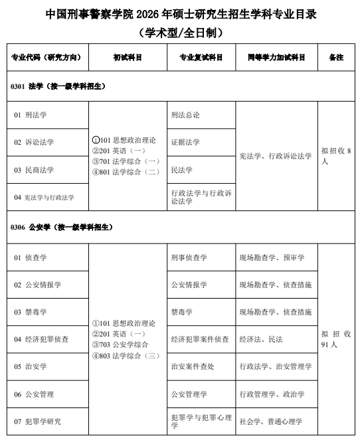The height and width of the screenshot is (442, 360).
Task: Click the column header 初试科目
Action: tap(127, 58)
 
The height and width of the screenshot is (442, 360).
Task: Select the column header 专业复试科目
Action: tap(201, 58)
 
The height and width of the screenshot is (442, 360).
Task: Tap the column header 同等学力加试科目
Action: tap(276, 58)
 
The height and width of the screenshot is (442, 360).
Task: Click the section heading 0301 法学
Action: tap(58, 87)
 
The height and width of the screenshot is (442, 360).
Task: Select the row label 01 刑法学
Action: tap(31, 115)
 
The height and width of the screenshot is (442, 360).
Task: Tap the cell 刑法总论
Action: tap(185, 115)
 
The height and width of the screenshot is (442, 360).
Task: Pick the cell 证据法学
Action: tap(185, 142)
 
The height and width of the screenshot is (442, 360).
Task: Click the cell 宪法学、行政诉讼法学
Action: tap(275, 156)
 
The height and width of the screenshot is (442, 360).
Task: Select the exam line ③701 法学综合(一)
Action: tap(126, 161)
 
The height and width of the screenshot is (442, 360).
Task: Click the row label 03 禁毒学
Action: tap(31, 311)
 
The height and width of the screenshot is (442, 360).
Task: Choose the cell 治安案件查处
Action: tap(193, 366)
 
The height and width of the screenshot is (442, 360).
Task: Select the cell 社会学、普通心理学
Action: tap(271, 421)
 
